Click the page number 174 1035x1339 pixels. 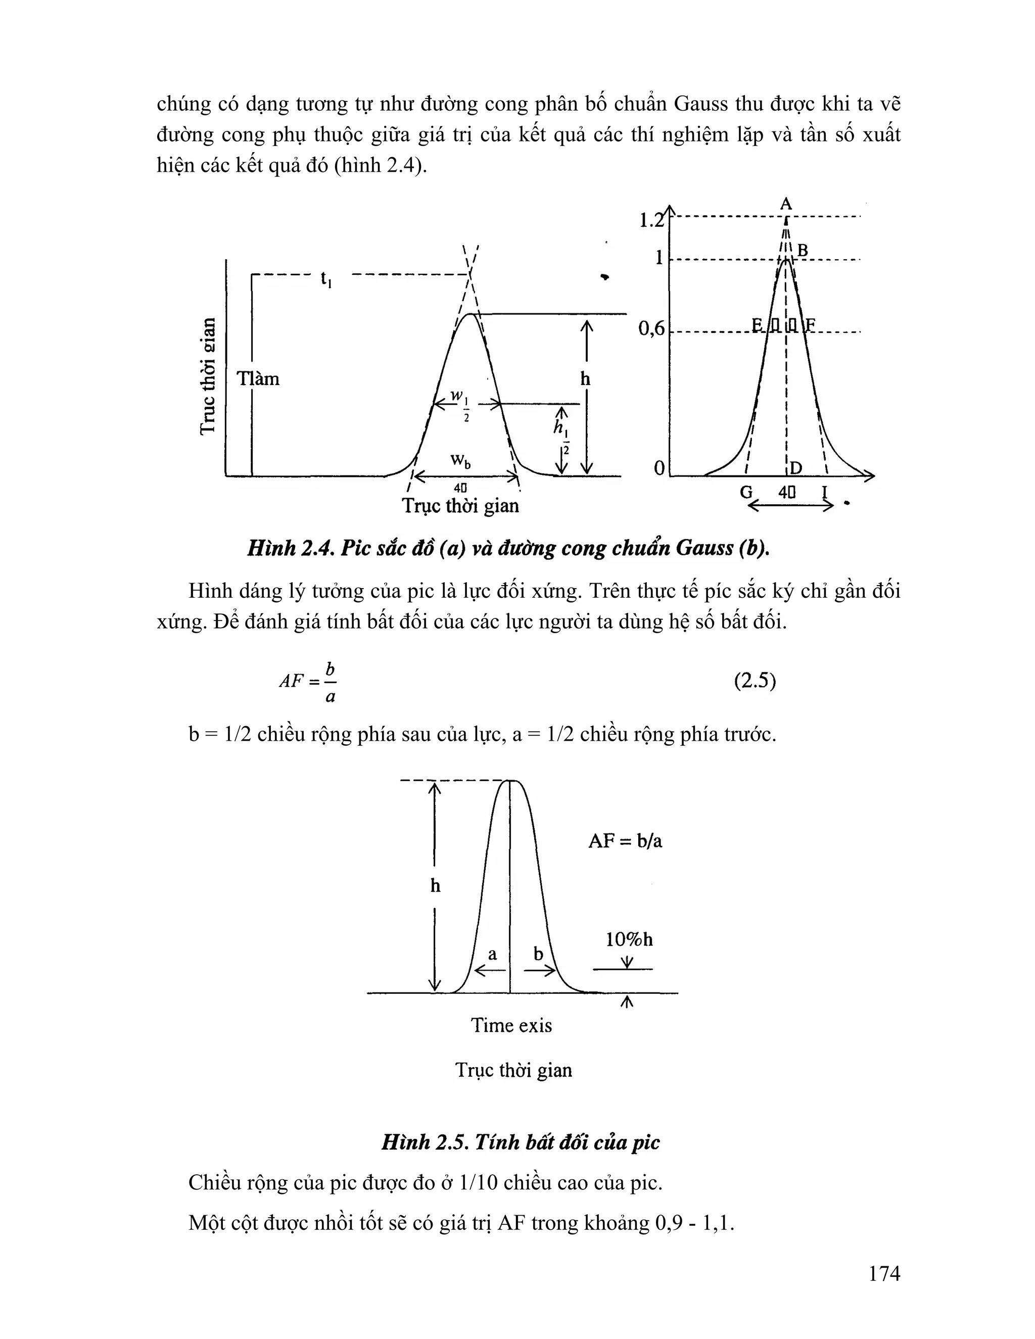(883, 1273)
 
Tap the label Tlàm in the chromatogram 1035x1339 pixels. (258, 379)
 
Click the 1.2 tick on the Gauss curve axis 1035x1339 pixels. (651, 220)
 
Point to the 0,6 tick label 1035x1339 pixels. (651, 329)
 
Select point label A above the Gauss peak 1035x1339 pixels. (785, 204)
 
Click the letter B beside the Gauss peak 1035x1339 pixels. (802, 250)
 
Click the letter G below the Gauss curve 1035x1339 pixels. (746, 492)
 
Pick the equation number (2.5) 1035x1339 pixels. (755, 681)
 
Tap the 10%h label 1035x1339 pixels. (629, 940)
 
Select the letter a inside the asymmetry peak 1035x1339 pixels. (492, 954)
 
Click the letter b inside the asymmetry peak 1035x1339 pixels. (538, 954)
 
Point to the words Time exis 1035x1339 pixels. (511, 1026)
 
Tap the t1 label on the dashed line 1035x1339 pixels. (326, 279)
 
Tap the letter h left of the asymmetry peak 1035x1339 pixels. (435, 886)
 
